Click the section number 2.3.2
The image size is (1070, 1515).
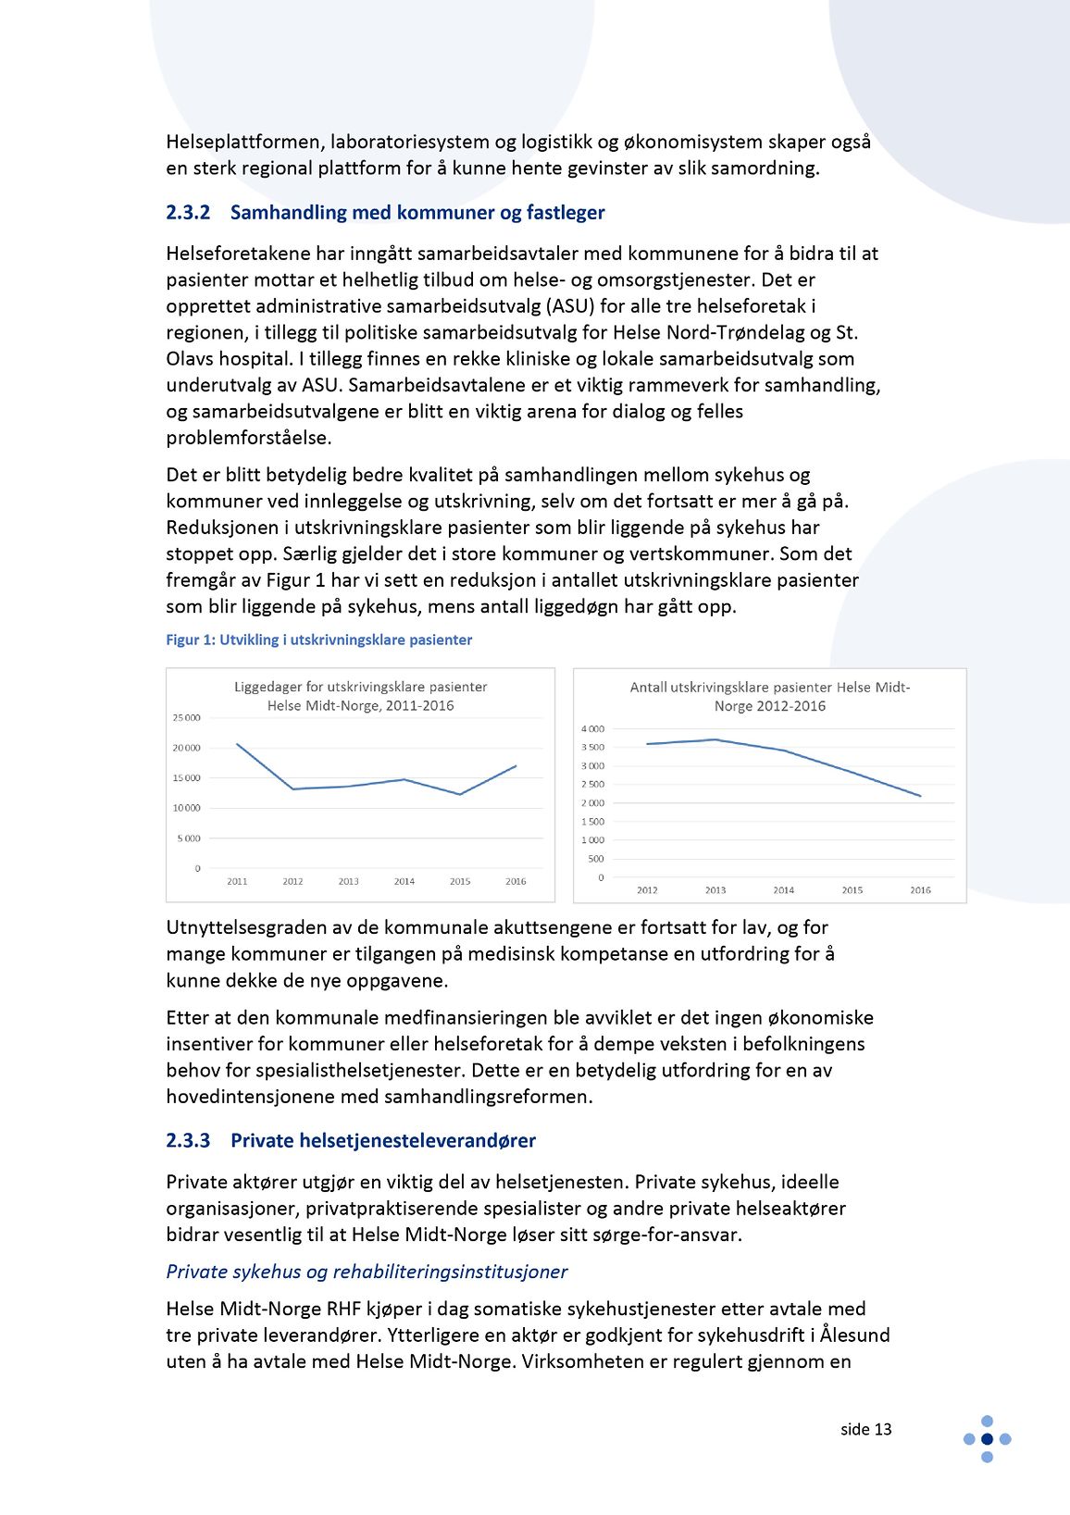click(x=188, y=213)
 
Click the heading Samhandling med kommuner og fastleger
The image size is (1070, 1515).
click(x=417, y=213)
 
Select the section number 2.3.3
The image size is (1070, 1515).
click(x=188, y=1141)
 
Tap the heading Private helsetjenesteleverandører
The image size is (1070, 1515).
click(x=383, y=1141)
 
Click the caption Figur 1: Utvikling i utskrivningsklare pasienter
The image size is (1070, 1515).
click(x=318, y=640)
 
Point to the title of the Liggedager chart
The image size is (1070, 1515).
click(x=360, y=696)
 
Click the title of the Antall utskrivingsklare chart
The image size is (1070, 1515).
click(x=769, y=696)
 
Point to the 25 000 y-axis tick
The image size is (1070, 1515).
click(x=186, y=718)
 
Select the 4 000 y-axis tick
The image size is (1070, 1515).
click(x=592, y=729)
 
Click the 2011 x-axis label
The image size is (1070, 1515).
click(x=237, y=882)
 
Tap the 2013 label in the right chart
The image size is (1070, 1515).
click(x=715, y=890)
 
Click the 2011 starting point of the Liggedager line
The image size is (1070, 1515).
click(x=237, y=744)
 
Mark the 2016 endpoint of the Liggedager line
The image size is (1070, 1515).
click(x=516, y=765)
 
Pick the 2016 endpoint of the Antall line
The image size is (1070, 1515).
click(x=920, y=796)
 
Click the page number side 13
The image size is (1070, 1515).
click(x=865, y=1430)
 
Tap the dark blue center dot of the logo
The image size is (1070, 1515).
click(x=987, y=1439)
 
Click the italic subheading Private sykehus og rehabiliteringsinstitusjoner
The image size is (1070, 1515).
click(x=367, y=1273)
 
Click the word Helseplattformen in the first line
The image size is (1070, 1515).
click(x=244, y=143)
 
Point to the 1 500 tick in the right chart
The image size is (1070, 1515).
click(x=592, y=822)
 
